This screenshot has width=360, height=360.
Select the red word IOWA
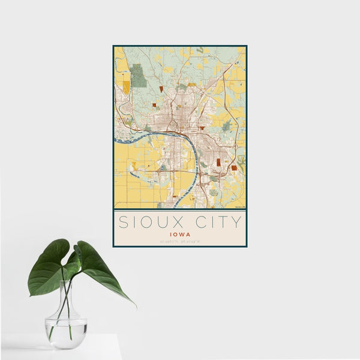pyautogui.click(x=179, y=235)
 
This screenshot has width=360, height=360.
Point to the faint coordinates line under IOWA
pyautogui.click(x=179, y=242)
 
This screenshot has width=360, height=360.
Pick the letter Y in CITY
pyautogui.click(x=237, y=223)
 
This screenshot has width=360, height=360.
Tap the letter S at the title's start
pyautogui.click(x=122, y=223)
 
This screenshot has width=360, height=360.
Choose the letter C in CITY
pyautogui.click(x=196, y=223)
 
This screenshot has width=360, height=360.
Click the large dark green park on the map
pyautogui.click(x=138, y=76)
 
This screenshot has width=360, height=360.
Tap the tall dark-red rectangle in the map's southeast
pyautogui.click(x=219, y=163)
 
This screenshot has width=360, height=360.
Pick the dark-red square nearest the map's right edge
pyautogui.click(x=233, y=168)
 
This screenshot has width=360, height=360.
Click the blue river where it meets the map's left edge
pyautogui.click(x=116, y=142)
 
